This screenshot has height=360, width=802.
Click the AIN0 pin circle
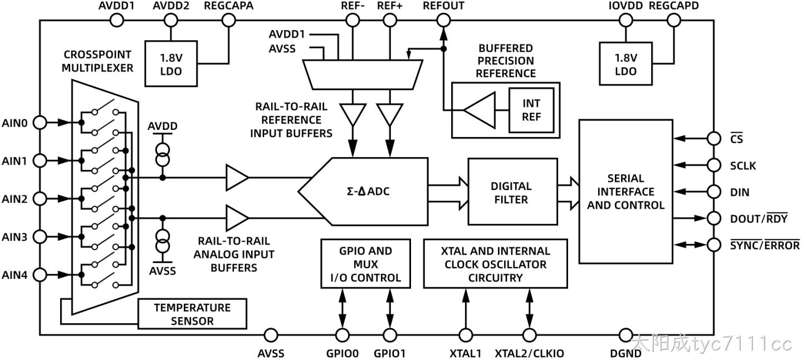pos(40,123)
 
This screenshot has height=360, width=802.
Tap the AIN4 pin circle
pos(40,275)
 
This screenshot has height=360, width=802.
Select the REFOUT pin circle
pos(443,21)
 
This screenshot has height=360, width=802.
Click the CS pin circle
pos(714,138)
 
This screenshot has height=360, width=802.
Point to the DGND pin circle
pos(625,335)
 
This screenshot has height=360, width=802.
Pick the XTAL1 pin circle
pos(466,335)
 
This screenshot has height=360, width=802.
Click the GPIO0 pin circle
pos(343,335)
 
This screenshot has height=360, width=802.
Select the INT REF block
pos(531,110)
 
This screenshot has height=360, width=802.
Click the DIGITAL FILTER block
pos(513,192)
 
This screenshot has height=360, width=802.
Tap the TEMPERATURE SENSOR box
pos(192,314)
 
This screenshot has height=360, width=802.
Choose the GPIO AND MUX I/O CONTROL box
pos(365,264)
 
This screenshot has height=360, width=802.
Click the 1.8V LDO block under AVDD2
pos(171,64)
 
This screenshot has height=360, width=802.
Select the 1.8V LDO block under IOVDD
pos(626,64)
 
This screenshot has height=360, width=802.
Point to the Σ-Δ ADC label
pos(368,191)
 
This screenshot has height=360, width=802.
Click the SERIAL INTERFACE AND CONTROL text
pos(626,192)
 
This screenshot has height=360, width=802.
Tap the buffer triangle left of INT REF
pos(480,110)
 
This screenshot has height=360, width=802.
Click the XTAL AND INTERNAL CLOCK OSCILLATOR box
pos(496,264)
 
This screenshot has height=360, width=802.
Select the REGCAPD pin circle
pos(673,21)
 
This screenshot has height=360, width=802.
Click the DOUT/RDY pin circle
pos(714,218)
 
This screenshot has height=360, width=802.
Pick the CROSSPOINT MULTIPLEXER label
pos(97,61)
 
